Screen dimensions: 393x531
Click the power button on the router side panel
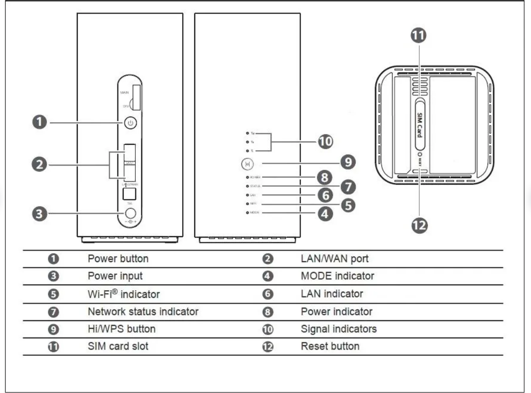coord(129,123)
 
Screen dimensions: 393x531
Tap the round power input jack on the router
coord(129,212)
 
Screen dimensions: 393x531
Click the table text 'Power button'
coord(118,259)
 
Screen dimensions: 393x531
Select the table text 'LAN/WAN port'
coord(334,259)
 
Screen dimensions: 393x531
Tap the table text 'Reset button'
coord(330,346)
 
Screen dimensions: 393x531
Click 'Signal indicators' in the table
coord(338,329)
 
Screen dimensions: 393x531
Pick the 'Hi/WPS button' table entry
coord(121,329)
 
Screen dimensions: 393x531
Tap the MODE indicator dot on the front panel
coord(247,212)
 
